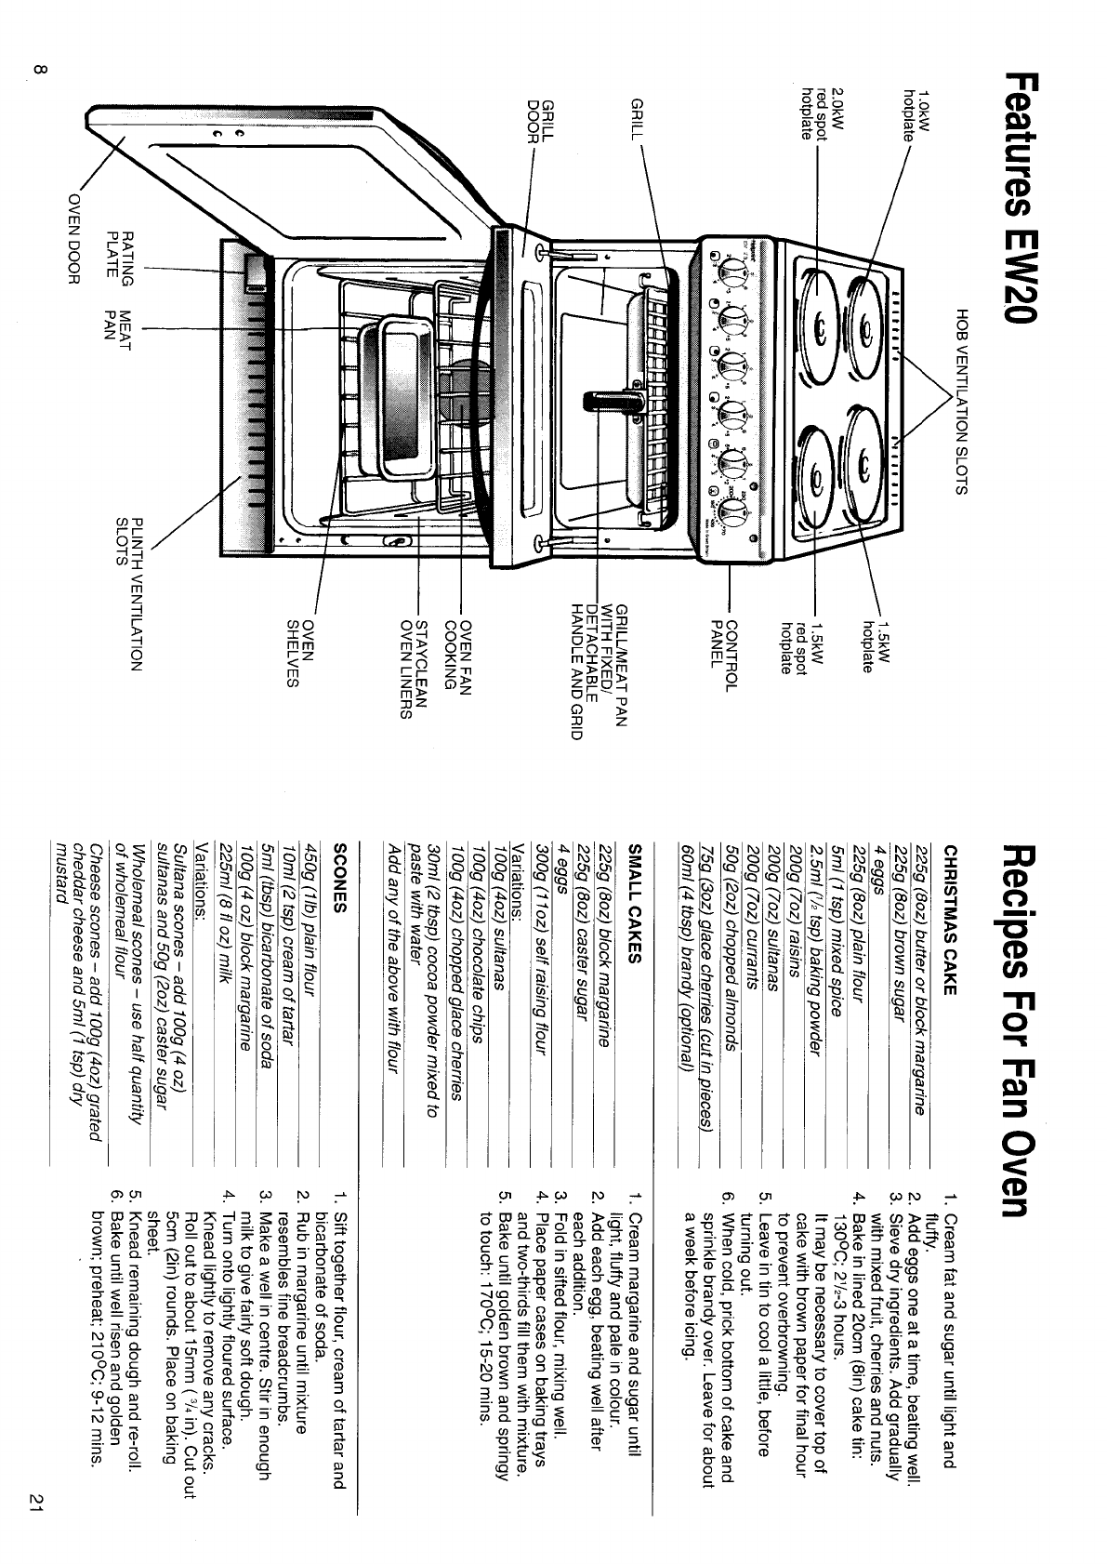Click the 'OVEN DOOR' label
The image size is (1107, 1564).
pyautogui.click(x=75, y=240)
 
